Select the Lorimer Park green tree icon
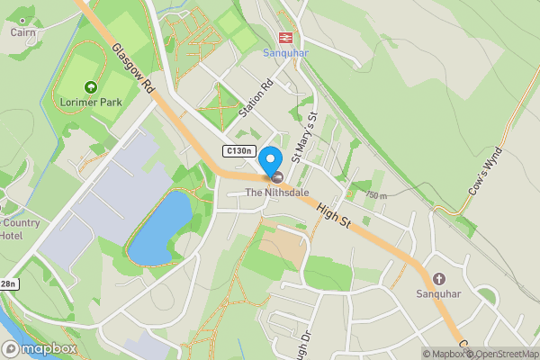(x=90, y=87)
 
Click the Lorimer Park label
(x=90, y=102)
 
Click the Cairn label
(x=22, y=32)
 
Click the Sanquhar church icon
(x=439, y=279)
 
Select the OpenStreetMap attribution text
(x=499, y=354)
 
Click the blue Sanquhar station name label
(x=285, y=52)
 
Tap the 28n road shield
(x=8, y=284)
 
